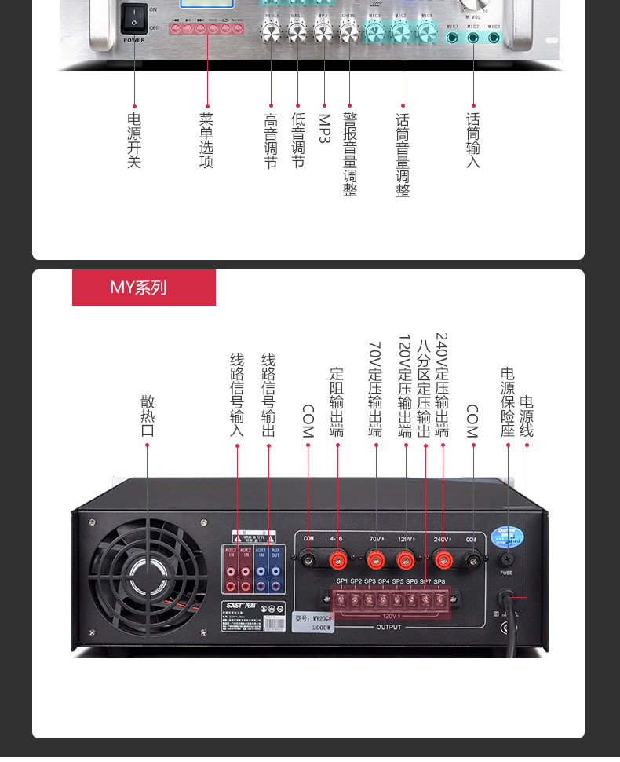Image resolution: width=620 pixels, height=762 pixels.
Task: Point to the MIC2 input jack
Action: coord(473,37)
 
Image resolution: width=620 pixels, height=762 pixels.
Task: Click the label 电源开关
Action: coord(134,141)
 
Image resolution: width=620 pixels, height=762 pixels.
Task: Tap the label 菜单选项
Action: coord(206,141)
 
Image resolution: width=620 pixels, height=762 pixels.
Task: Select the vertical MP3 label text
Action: coord(324,129)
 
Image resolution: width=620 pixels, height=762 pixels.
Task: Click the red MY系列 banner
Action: coord(144,288)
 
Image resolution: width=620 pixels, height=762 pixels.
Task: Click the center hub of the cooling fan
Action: coord(146,567)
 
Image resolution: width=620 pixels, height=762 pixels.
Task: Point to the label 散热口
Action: coord(148,416)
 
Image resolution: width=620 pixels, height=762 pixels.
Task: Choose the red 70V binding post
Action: coord(376,559)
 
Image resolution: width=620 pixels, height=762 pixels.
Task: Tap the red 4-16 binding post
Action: coord(339,559)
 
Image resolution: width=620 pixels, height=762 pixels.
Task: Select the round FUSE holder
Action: coord(507,559)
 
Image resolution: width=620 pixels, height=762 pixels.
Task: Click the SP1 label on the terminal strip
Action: coord(342,581)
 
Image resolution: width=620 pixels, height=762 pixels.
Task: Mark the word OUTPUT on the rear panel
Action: coord(388,627)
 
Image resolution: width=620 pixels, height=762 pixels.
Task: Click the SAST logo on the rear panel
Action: coord(236,605)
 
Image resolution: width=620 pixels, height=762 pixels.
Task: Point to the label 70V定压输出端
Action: coord(375,389)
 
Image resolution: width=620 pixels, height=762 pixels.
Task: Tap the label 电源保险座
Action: coord(508,402)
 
